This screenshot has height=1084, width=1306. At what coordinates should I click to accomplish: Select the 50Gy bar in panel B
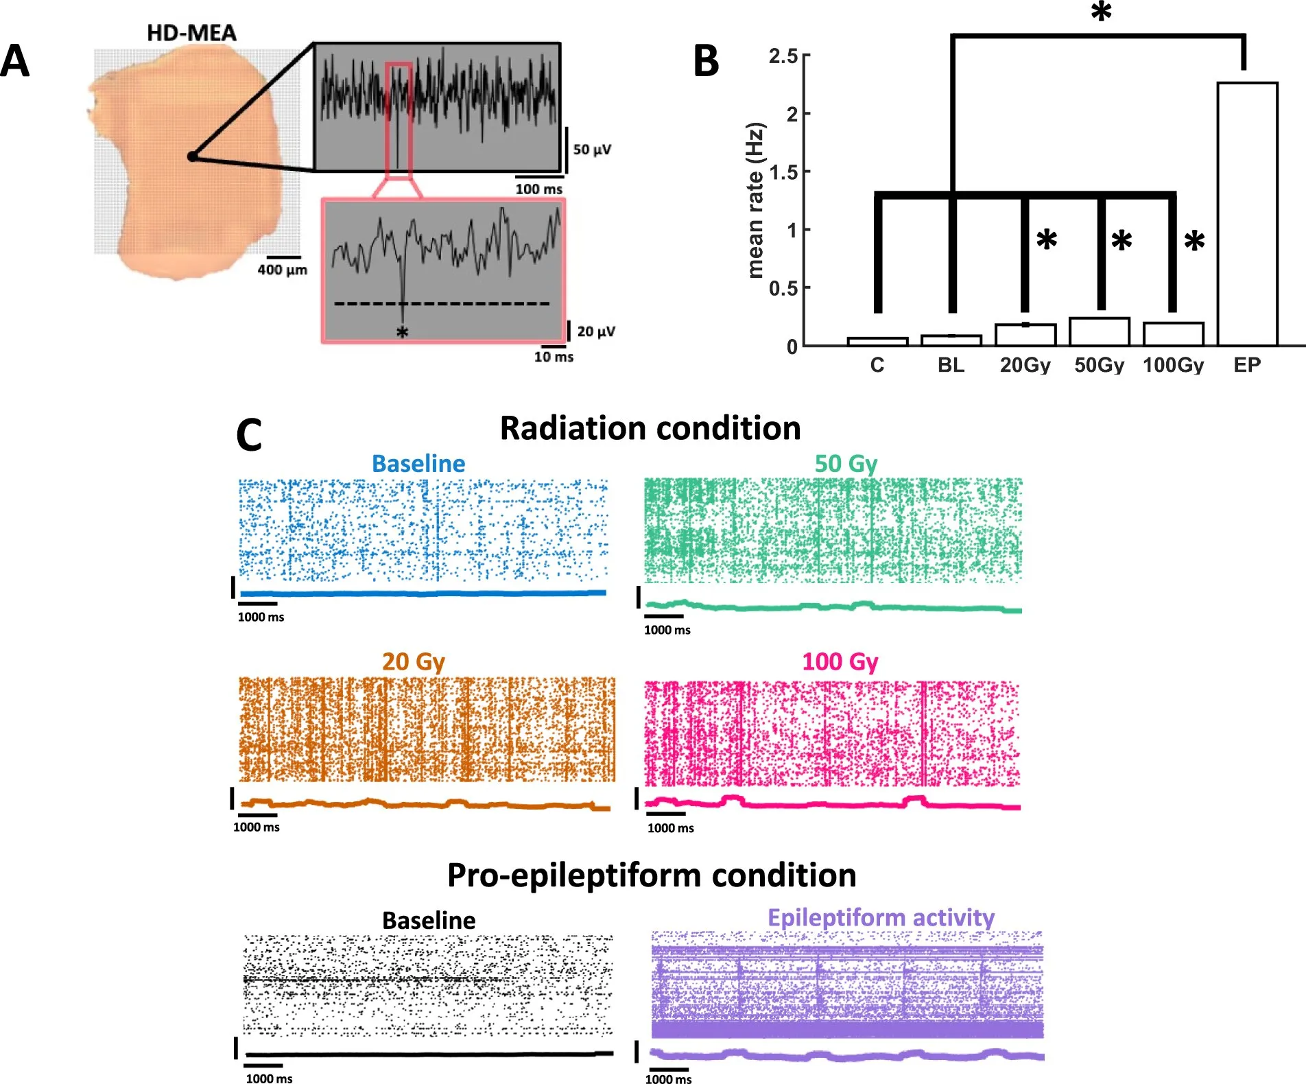click(x=1099, y=331)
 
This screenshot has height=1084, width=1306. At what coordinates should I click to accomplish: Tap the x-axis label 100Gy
click(x=1173, y=365)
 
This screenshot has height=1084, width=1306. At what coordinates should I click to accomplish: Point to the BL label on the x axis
click(x=951, y=365)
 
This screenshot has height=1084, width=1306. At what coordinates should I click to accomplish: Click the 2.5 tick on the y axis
click(x=783, y=56)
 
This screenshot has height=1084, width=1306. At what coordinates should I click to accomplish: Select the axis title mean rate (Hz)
click(x=755, y=200)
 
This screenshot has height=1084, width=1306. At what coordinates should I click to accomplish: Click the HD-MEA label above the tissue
click(x=191, y=32)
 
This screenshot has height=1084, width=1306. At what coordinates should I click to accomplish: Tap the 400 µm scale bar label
click(x=282, y=270)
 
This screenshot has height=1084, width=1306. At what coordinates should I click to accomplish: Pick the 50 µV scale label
click(x=592, y=149)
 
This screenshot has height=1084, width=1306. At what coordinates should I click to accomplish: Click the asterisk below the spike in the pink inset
click(x=403, y=333)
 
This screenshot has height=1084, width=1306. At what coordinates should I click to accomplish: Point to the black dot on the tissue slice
click(x=193, y=157)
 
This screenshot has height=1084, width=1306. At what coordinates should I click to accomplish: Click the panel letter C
click(x=249, y=435)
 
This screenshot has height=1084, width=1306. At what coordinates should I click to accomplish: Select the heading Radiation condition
click(x=650, y=428)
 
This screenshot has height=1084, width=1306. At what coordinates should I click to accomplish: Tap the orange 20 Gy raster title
click(x=414, y=661)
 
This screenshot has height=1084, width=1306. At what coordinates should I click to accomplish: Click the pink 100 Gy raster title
click(x=840, y=661)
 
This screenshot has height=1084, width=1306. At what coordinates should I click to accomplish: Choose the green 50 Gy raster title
click(x=846, y=464)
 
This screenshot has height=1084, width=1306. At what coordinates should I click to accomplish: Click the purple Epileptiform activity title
click(x=881, y=917)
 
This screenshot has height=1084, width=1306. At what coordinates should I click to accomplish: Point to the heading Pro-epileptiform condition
click(x=652, y=875)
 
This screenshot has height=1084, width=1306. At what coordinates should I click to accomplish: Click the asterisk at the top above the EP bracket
click(x=1101, y=12)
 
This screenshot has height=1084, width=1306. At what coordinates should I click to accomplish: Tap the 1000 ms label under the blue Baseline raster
click(x=261, y=617)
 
